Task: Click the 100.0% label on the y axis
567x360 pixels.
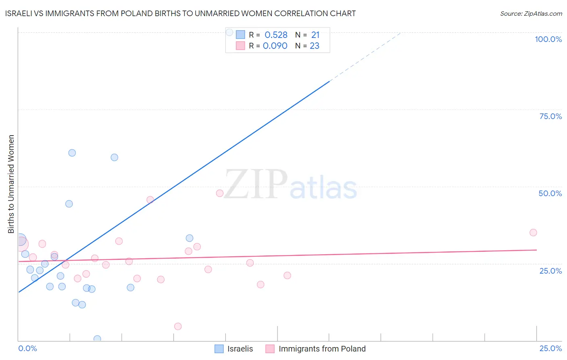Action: (548, 39)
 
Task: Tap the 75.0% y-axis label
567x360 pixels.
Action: (550, 116)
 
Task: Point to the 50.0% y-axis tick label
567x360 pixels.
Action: (550, 193)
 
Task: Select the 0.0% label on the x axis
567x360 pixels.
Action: (27, 348)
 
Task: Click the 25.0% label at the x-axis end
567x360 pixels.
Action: (550, 348)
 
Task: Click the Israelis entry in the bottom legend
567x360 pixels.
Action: (240, 349)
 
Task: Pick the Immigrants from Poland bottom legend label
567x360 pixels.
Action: (322, 349)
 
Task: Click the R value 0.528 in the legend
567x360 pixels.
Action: (276, 35)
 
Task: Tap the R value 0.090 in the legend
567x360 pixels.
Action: (275, 46)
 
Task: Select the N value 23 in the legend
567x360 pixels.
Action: (315, 46)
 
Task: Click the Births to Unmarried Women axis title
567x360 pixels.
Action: (11, 184)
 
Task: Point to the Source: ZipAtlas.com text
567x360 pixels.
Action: (531, 14)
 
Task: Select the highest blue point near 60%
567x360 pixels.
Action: (72, 153)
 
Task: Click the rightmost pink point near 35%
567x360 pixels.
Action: (533, 232)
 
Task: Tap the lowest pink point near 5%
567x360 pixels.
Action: (178, 327)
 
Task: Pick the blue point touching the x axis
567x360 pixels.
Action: (97, 339)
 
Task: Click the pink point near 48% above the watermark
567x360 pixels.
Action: (220, 193)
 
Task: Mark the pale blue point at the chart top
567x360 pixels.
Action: (229, 32)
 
